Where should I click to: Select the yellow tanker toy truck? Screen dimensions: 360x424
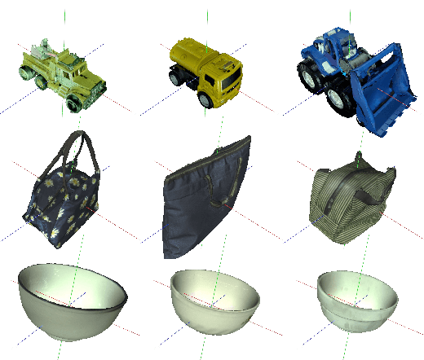pyautogui.click(x=205, y=72)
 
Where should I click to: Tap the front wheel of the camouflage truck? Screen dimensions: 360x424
pyautogui.click(x=77, y=102)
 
